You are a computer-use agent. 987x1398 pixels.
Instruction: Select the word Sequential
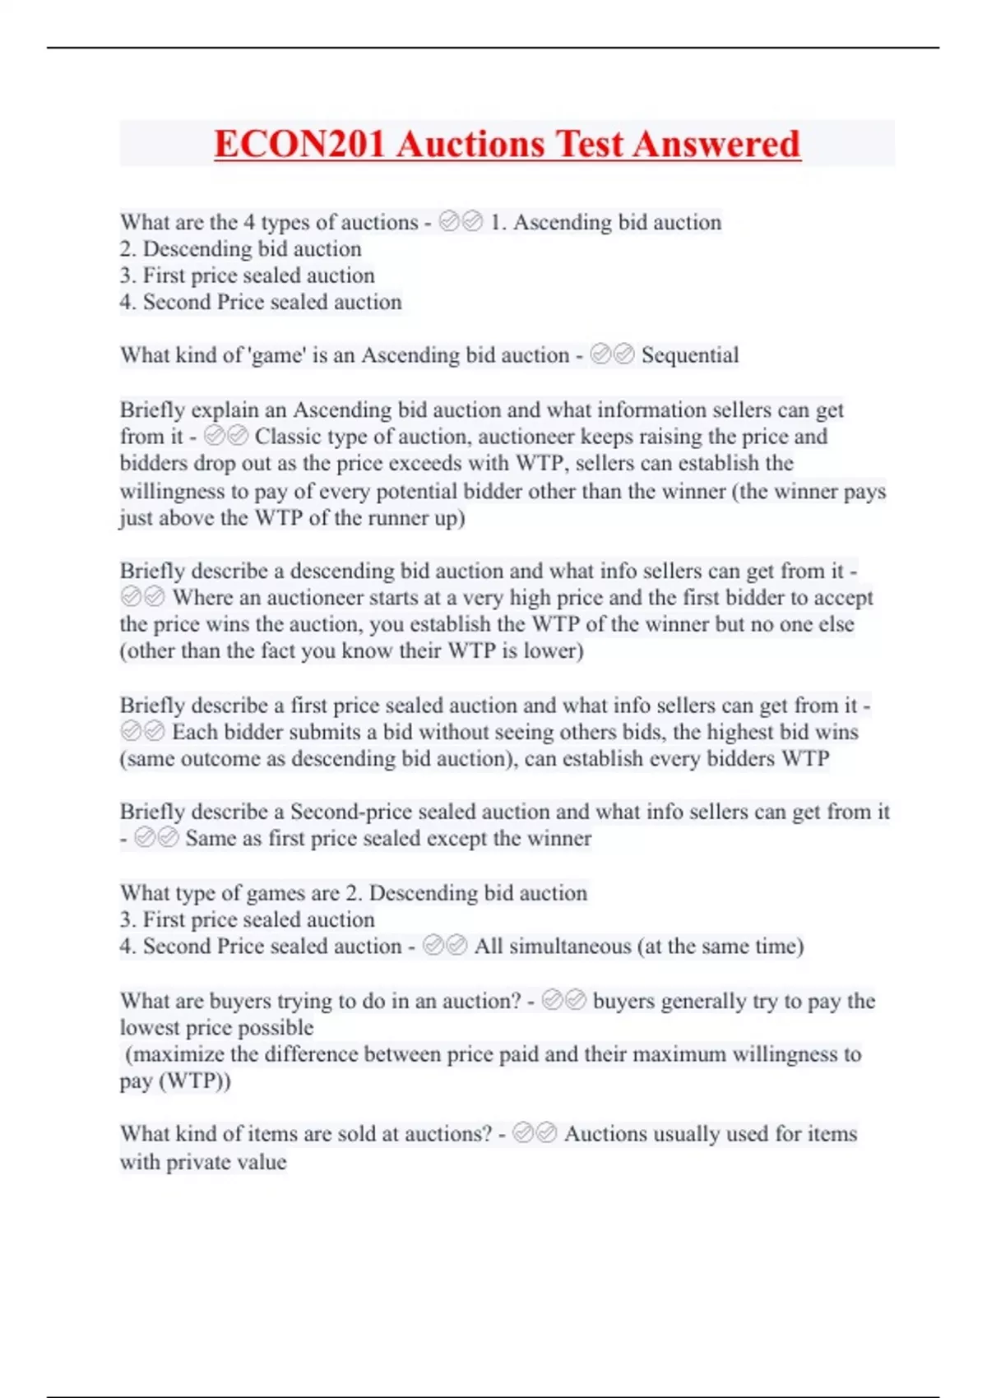point(690,355)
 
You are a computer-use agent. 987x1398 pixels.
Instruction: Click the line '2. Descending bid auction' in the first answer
point(240,249)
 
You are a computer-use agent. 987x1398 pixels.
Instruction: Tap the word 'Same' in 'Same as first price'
point(211,839)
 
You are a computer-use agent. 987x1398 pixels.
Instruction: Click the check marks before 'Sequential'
point(613,354)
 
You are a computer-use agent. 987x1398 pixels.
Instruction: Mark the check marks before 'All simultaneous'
point(445,946)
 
